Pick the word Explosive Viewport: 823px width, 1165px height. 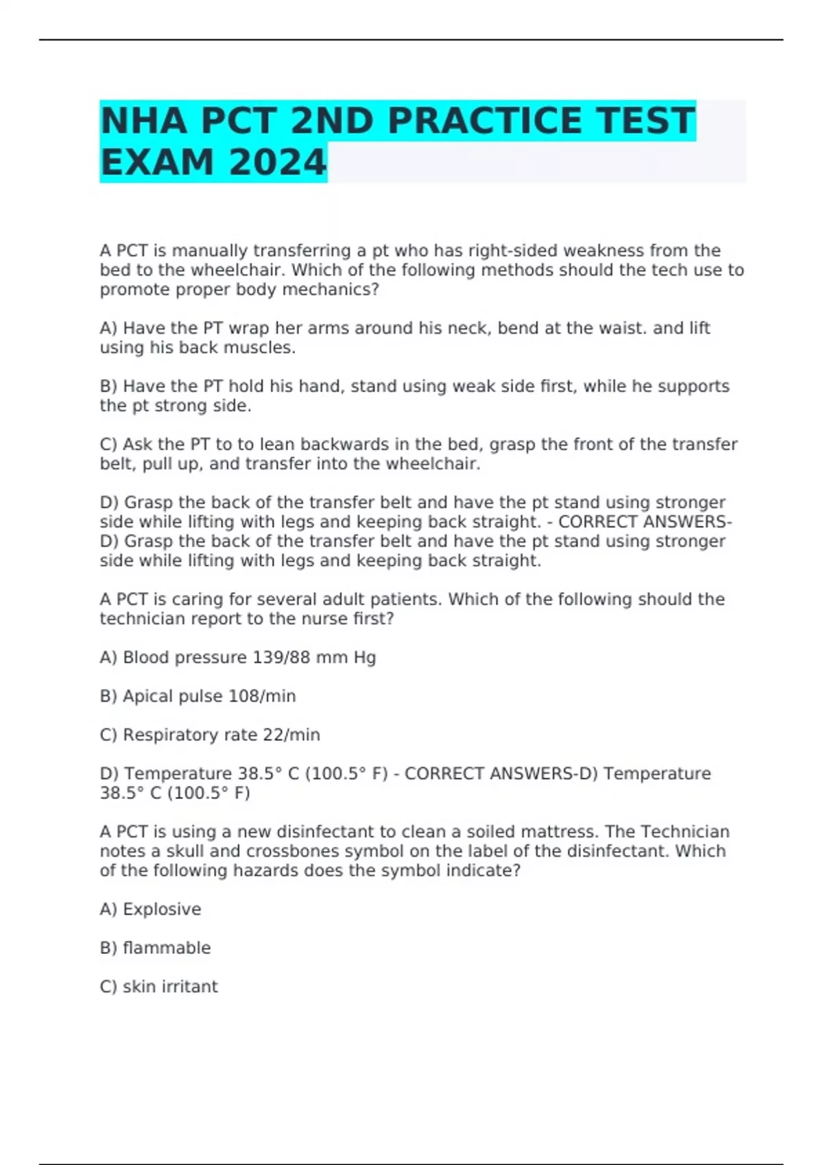(162, 909)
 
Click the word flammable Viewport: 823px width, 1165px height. (167, 948)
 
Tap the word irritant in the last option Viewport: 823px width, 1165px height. (189, 987)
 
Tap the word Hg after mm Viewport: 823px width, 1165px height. (364, 658)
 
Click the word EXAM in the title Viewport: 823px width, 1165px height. (157, 163)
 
